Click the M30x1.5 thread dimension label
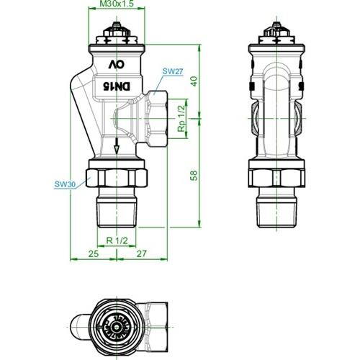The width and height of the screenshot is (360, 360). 117,4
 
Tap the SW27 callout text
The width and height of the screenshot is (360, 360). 173,71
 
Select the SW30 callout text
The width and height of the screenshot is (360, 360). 65,184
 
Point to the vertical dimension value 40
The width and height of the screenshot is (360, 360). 194,81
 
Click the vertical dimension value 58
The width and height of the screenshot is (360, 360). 194,176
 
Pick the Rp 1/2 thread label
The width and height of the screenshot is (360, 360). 181,119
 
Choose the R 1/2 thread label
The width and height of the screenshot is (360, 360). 117,240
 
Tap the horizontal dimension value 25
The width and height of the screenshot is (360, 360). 94,253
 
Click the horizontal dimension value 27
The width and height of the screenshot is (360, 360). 141,253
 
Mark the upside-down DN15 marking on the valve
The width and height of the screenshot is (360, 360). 117,86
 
